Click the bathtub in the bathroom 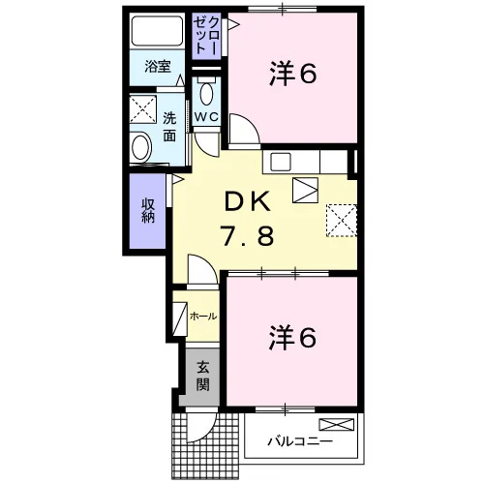157,31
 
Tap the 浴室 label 158,66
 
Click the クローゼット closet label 206,36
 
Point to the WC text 206,117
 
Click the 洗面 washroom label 169,127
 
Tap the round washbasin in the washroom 141,148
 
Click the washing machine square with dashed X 143,109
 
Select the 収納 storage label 148,211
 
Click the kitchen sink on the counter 281,162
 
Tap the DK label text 248,201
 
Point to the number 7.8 248,235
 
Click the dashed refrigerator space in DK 342,221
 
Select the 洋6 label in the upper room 293,74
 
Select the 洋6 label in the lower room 292,338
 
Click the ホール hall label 203,317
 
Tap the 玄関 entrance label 203,377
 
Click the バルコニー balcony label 300,440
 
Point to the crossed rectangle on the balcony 337,424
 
